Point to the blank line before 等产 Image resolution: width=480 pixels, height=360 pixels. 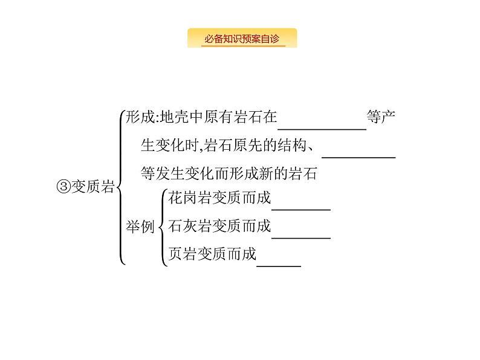pyautogui.click(x=322, y=127)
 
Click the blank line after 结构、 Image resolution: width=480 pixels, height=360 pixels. pyautogui.click(x=358, y=155)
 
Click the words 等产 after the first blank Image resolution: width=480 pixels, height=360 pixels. pyautogui.click(x=382, y=117)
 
